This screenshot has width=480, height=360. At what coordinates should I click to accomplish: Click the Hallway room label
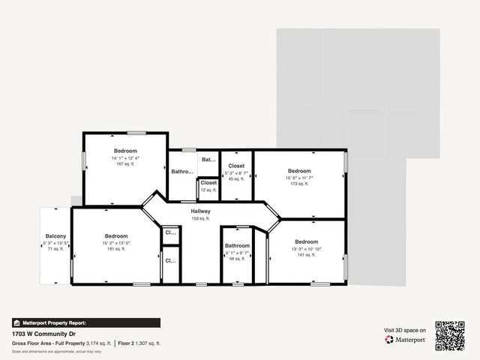[x=200, y=211]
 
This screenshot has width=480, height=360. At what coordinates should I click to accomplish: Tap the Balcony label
[x=55, y=235]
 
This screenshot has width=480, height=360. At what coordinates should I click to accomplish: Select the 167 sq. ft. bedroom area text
[x=125, y=164]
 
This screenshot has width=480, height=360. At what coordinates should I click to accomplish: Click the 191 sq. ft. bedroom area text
[x=116, y=249]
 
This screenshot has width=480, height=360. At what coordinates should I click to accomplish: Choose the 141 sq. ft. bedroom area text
[x=306, y=255]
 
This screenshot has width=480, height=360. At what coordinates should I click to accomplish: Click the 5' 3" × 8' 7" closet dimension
[x=236, y=173]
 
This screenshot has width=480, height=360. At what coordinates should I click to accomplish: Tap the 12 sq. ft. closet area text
[x=208, y=190]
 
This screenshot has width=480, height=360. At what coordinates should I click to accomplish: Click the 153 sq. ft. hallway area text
[x=200, y=218]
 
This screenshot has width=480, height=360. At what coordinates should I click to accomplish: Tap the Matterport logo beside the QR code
[x=406, y=340]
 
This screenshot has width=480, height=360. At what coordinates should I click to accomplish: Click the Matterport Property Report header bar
[x=85, y=323]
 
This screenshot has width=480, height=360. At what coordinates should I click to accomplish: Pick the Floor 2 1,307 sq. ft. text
[x=139, y=343]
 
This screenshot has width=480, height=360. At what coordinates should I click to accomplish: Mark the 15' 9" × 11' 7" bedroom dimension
[x=299, y=178]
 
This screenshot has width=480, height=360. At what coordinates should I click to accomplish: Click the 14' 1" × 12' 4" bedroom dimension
[x=125, y=158]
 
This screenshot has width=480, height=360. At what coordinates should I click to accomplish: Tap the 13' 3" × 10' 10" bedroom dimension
[x=306, y=249]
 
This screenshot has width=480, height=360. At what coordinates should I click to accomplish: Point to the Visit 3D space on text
[x=405, y=330]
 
